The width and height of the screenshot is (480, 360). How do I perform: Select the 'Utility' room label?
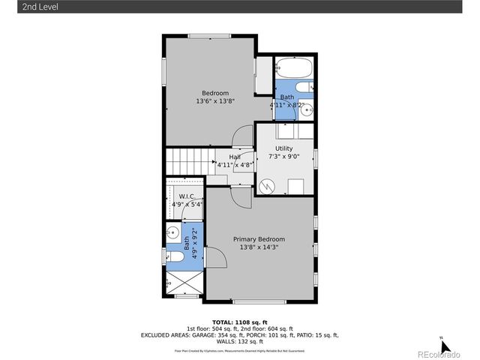tap(284, 148)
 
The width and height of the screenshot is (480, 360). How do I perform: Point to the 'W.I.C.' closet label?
tap(187, 196)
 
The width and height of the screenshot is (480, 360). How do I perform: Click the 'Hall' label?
tap(224, 157)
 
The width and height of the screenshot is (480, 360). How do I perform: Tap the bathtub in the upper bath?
tap(292, 70)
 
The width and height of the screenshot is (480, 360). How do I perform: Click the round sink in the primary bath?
tap(172, 232)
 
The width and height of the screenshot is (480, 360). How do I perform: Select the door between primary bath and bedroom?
tap(215, 258)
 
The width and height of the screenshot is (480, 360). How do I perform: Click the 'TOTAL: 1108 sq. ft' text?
tap(239, 322)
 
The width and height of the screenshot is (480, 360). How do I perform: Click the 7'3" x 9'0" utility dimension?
tap(284, 157)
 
